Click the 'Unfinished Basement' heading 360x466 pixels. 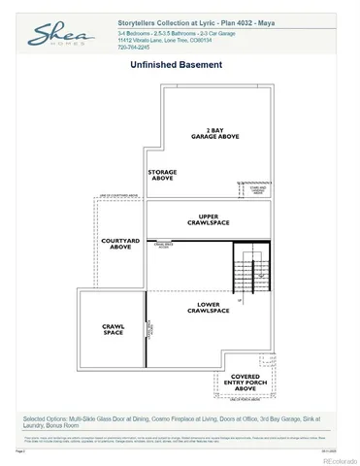click(x=177, y=65)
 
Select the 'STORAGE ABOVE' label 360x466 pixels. click(x=162, y=175)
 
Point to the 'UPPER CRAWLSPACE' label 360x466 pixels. click(x=207, y=219)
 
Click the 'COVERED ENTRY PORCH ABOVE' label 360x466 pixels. click(x=245, y=383)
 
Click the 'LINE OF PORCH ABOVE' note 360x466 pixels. click(x=244, y=400)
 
